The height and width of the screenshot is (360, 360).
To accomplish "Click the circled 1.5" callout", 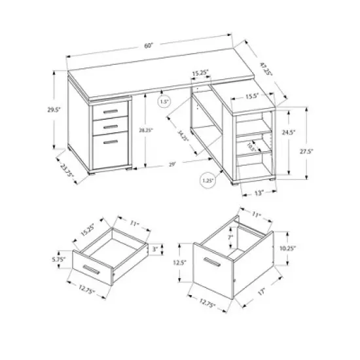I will tap(164, 102).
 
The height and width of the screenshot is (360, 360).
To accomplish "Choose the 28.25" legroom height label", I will tap(155, 131).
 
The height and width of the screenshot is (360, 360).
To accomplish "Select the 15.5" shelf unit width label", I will tap(255, 96).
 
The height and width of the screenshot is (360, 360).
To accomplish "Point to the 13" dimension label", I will tap(259, 192).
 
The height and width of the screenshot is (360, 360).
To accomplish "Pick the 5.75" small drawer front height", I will tap(58, 259).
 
